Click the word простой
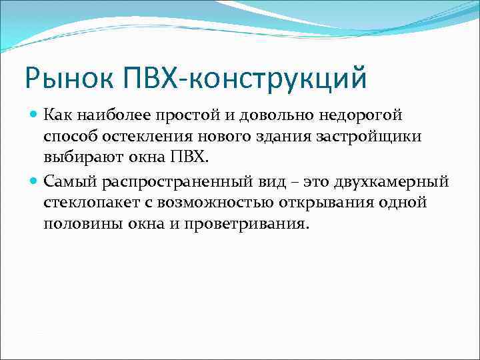tap(189, 115)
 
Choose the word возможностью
tap(210, 203)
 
